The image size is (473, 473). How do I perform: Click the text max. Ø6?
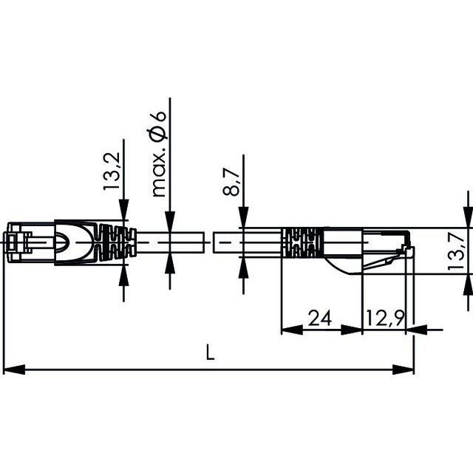click(x=157, y=156)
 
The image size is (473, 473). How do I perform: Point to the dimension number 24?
click(x=319, y=319)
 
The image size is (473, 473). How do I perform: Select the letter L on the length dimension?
click(x=210, y=354)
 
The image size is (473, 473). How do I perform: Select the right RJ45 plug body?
click(x=370, y=248)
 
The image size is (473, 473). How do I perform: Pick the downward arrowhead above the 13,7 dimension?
click(x=466, y=219)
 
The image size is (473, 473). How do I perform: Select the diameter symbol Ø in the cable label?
click(x=157, y=135)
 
